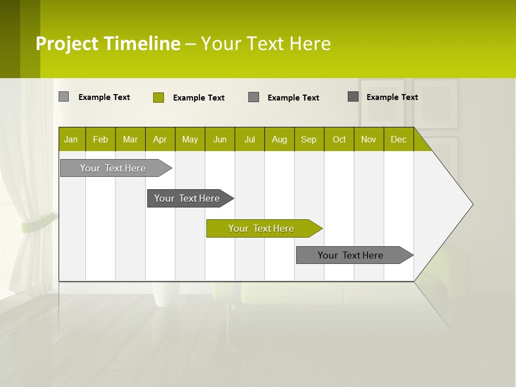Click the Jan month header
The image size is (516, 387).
tap(71, 139)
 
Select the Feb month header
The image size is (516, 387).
tap(101, 139)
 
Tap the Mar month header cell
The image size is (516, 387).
tap(130, 139)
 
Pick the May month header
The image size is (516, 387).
tap(190, 139)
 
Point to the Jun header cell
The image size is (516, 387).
tap(220, 139)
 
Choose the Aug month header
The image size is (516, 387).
tap(279, 139)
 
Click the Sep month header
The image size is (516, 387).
tap(309, 139)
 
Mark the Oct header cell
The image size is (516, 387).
tap(339, 139)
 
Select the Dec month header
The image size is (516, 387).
tap(399, 139)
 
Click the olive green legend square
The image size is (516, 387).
tap(159, 97)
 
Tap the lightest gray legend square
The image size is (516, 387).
tap(64, 97)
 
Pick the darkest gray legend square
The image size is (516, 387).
tap(353, 97)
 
